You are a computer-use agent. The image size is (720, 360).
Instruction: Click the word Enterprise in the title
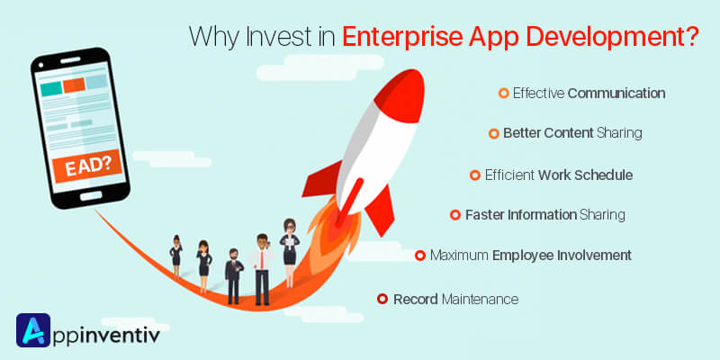(x=401, y=38)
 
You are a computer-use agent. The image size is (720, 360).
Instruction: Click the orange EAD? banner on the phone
(x=87, y=166)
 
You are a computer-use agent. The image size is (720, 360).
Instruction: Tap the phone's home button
(x=91, y=195)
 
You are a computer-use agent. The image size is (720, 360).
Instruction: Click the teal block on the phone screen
(x=51, y=88)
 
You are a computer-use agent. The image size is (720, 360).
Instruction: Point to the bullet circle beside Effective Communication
(x=504, y=94)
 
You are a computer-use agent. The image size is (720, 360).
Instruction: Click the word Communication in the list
(x=616, y=94)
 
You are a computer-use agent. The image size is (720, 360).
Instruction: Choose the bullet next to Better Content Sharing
(x=493, y=133)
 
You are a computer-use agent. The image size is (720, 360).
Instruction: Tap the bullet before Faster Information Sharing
(x=455, y=214)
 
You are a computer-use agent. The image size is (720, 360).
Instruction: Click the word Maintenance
(x=480, y=300)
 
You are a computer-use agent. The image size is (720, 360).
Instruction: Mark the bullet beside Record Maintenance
(x=382, y=300)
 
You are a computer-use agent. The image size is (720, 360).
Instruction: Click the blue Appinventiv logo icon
(x=33, y=330)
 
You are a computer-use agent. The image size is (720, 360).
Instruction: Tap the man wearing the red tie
(x=262, y=269)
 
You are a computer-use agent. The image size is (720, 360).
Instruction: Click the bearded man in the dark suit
(x=234, y=276)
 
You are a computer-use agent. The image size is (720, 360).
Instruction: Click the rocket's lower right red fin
(x=380, y=211)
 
